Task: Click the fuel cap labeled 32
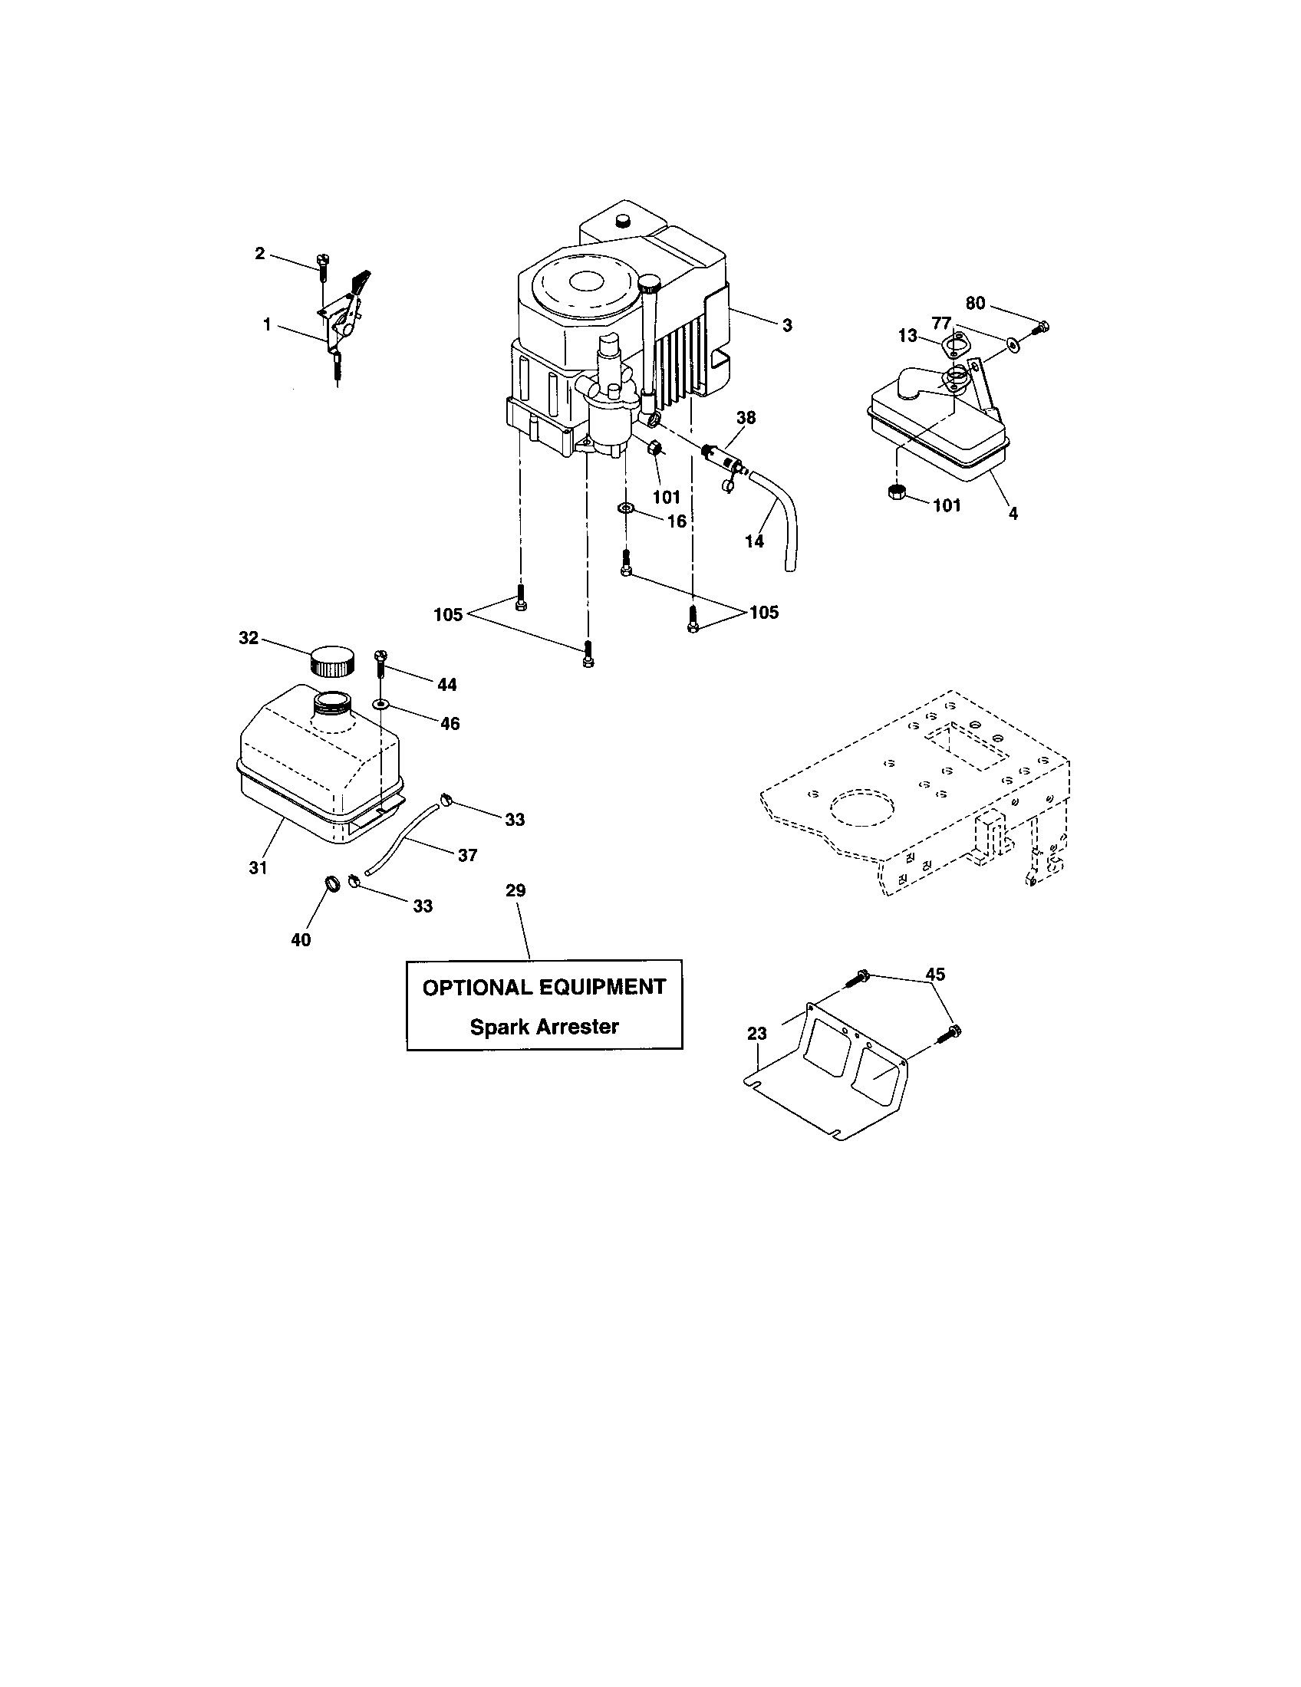tap(333, 660)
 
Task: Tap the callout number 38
tap(746, 418)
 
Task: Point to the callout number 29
tap(515, 890)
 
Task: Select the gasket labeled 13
tap(955, 344)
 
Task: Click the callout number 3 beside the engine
tap(786, 325)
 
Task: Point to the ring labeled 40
tap(332, 882)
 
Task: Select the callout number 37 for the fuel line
tap(466, 855)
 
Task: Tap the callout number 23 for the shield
tap(757, 1033)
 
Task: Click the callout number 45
tap(935, 974)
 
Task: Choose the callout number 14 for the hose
tap(754, 541)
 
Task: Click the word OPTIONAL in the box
tap(476, 987)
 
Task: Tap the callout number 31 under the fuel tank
tap(258, 867)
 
